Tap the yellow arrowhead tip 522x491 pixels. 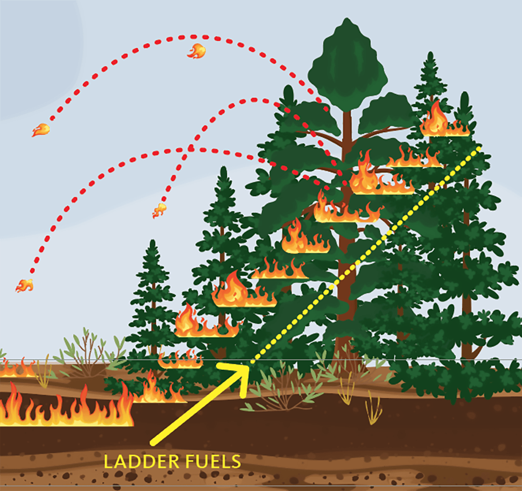pos(248,366)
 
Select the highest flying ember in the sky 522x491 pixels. pos(197,51)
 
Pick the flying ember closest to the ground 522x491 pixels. pos(25,285)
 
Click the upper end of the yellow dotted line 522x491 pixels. pos(479,148)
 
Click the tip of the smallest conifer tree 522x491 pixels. pos(152,242)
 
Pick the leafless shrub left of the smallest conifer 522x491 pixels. pos(87,352)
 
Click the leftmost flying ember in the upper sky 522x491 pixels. pos(40,130)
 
